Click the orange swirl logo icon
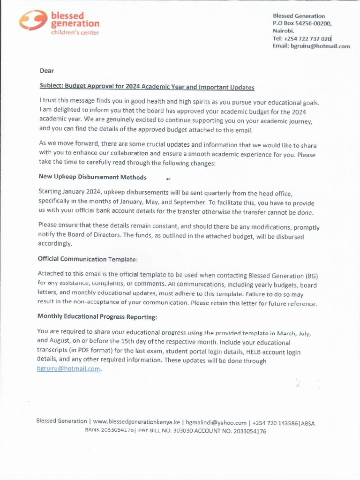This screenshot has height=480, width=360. [x=32, y=21]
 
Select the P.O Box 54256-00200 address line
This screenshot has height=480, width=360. [x=302, y=23]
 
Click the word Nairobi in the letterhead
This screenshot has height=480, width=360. [x=284, y=31]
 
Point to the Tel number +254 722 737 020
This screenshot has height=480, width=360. [x=302, y=38]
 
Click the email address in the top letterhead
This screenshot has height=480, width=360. [x=311, y=46]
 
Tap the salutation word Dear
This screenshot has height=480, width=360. [x=47, y=71]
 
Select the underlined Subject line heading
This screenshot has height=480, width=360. [x=147, y=87]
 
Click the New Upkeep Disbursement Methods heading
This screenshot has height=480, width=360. [x=92, y=177]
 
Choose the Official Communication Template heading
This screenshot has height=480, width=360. [x=88, y=259]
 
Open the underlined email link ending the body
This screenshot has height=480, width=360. [x=69, y=369]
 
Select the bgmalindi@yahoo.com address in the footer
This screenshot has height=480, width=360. [x=216, y=422]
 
